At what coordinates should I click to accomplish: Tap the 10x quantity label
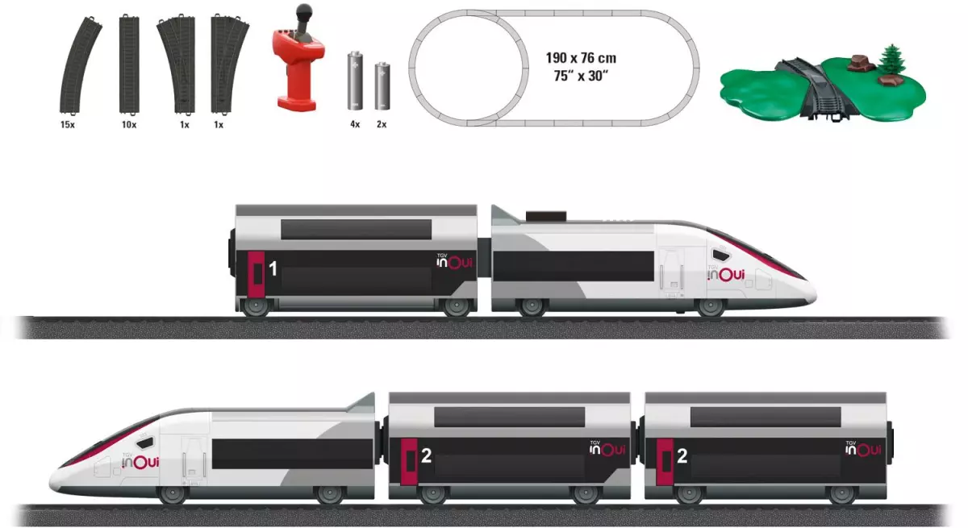point(128,125)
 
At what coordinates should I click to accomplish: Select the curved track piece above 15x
point(81,65)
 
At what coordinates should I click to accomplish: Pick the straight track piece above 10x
point(129,64)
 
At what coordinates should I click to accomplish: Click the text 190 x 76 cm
point(580,59)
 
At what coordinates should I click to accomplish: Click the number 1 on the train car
point(273,269)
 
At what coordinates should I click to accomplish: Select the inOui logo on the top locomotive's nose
point(726,275)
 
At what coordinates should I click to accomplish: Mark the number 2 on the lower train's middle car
point(427,456)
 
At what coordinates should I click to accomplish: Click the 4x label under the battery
point(355,125)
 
